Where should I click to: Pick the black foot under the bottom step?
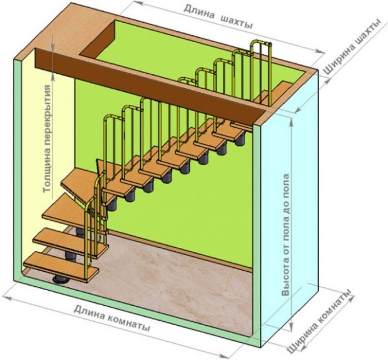(x=59, y=279)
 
